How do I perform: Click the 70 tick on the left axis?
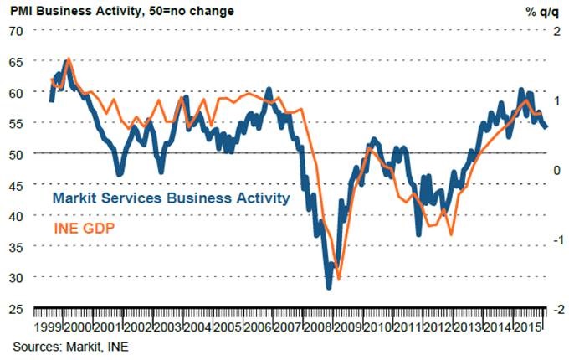[x=16, y=31]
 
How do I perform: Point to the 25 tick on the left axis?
[x=16, y=307]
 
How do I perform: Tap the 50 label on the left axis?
[x=16, y=154]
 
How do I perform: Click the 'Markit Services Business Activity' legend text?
[x=171, y=198]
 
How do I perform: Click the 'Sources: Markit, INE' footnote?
[x=70, y=344]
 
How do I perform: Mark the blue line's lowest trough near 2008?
[x=329, y=287]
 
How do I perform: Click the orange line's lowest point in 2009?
[x=338, y=279]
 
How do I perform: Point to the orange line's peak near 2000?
[x=69, y=59]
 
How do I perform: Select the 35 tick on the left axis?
[x=16, y=246]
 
